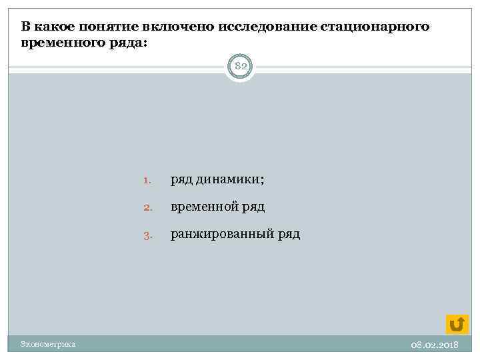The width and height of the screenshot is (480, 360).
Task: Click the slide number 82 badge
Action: (x=240, y=67)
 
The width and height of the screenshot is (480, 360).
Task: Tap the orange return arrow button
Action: (x=457, y=323)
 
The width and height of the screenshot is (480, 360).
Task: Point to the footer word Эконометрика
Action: (x=47, y=344)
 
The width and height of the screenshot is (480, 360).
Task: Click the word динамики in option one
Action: (x=229, y=179)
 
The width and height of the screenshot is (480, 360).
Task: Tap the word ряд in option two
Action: (x=253, y=207)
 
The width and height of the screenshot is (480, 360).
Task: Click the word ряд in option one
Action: (x=181, y=179)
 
